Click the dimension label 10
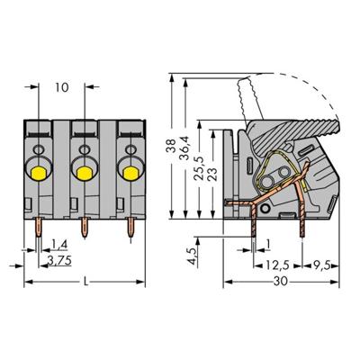(x=61, y=88)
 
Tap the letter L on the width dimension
(x=85, y=282)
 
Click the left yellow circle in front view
(x=40, y=170)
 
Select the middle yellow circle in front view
(x=85, y=170)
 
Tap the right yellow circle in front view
(x=129, y=170)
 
